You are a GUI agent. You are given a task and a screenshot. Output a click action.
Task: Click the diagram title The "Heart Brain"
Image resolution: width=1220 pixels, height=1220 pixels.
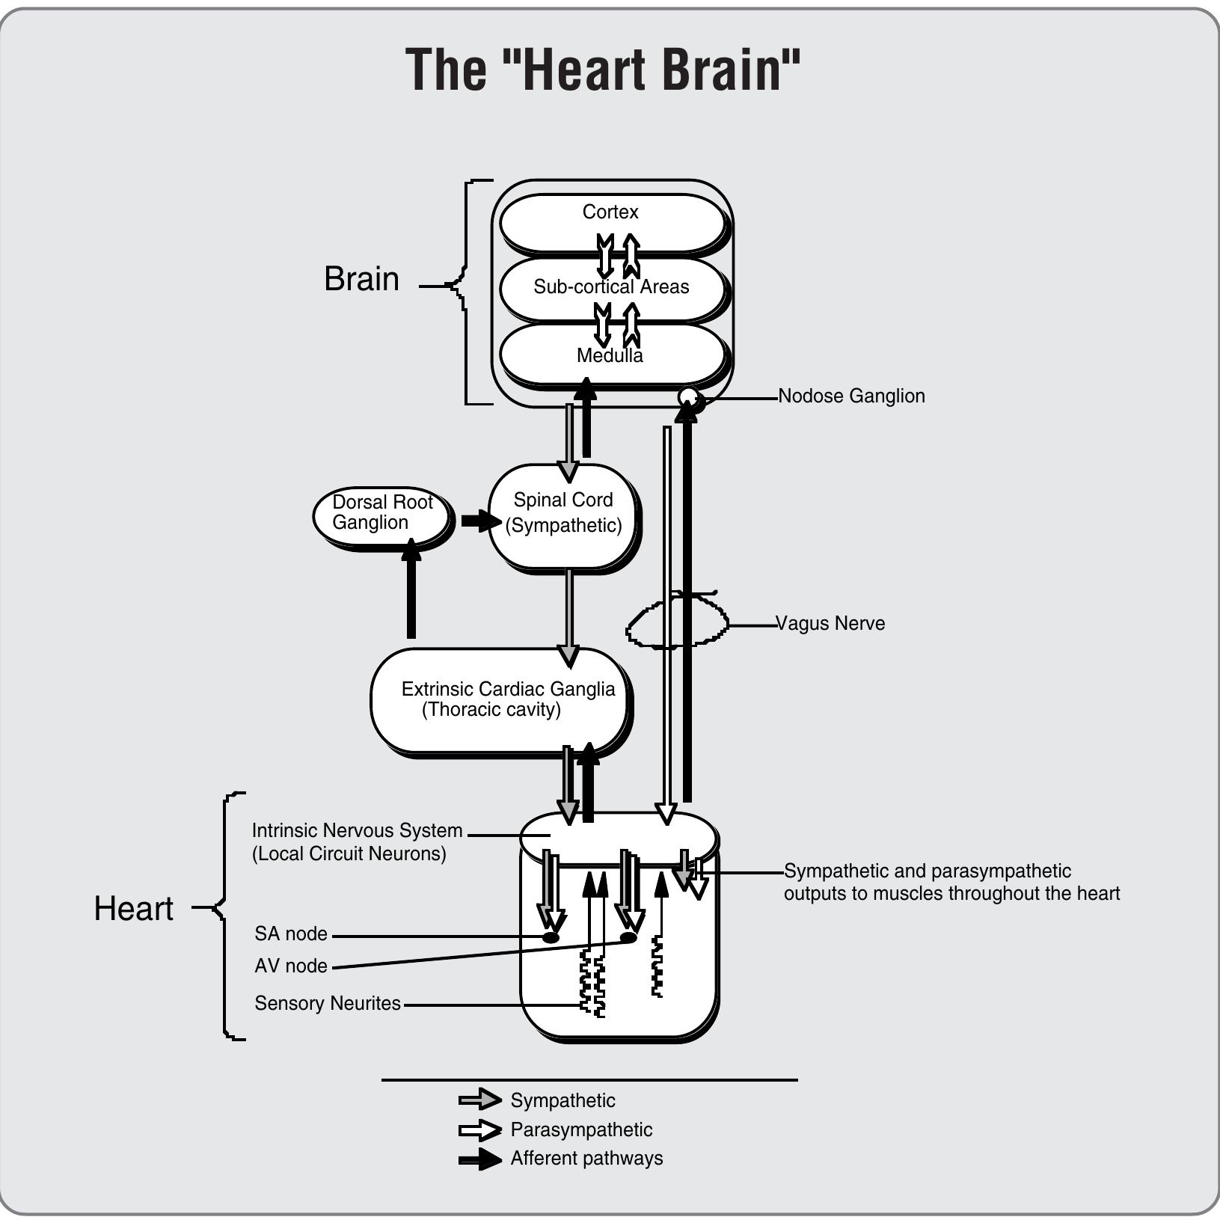click(603, 70)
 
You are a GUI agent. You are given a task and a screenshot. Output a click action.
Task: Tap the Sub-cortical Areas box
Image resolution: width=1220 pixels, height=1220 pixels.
click(611, 287)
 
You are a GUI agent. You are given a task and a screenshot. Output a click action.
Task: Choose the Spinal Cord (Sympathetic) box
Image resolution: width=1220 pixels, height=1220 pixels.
click(563, 514)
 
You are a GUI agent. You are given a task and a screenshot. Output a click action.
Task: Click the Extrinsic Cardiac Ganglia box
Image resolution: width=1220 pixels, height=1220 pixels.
click(499, 699)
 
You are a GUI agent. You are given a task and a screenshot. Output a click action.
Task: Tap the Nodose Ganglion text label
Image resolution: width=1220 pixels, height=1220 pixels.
click(851, 396)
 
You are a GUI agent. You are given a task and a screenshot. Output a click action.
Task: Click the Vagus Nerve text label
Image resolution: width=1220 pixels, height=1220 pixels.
click(830, 623)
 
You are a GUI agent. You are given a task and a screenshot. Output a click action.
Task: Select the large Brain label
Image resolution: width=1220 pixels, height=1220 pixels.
click(361, 279)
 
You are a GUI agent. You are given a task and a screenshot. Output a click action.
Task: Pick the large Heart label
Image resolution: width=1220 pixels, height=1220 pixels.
click(133, 909)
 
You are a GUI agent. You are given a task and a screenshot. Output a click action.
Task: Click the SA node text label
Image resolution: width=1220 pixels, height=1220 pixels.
click(291, 934)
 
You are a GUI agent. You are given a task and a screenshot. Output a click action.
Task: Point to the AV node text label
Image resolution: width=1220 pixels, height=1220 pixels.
click(291, 966)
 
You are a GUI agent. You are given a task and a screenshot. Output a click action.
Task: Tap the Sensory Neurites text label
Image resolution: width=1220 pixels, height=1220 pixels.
click(328, 1003)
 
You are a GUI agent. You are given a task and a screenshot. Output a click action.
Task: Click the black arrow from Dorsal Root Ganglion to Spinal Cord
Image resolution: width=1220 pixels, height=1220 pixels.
click(479, 520)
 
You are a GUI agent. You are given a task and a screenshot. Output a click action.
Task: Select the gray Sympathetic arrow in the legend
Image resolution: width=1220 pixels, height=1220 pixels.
click(479, 1099)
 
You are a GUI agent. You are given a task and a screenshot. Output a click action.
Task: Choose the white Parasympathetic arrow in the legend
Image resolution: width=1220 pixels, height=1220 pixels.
click(479, 1129)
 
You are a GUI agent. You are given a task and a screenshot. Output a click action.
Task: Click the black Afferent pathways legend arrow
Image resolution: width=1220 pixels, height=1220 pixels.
click(479, 1159)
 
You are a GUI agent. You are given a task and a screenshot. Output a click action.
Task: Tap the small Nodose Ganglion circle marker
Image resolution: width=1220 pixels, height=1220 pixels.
click(689, 397)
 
